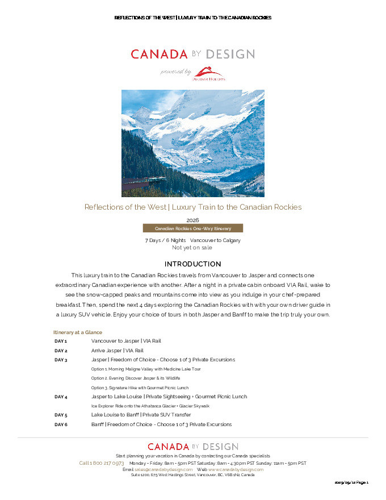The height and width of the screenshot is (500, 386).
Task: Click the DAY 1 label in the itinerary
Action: (x=61, y=341)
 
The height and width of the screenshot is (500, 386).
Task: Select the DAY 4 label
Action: (x=61, y=397)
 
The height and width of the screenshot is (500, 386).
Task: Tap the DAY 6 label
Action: (x=61, y=424)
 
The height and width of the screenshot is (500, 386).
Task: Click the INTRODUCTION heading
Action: (x=192, y=264)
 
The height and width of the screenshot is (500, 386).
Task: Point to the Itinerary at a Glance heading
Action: (x=77, y=332)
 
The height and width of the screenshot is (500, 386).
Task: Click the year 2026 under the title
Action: (x=192, y=220)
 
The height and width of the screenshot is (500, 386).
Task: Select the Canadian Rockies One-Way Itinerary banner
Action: (x=192, y=228)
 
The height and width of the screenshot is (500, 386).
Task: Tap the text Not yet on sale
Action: (x=192, y=247)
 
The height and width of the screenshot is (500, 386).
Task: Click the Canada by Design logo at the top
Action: (x=192, y=55)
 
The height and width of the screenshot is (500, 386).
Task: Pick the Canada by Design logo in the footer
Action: (x=192, y=447)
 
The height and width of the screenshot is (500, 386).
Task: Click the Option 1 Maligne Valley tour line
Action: (x=146, y=369)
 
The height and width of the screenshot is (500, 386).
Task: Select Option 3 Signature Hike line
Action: (x=140, y=388)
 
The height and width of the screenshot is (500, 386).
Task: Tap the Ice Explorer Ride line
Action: (x=150, y=406)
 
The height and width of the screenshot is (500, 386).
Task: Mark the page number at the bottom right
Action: (x=351, y=482)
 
